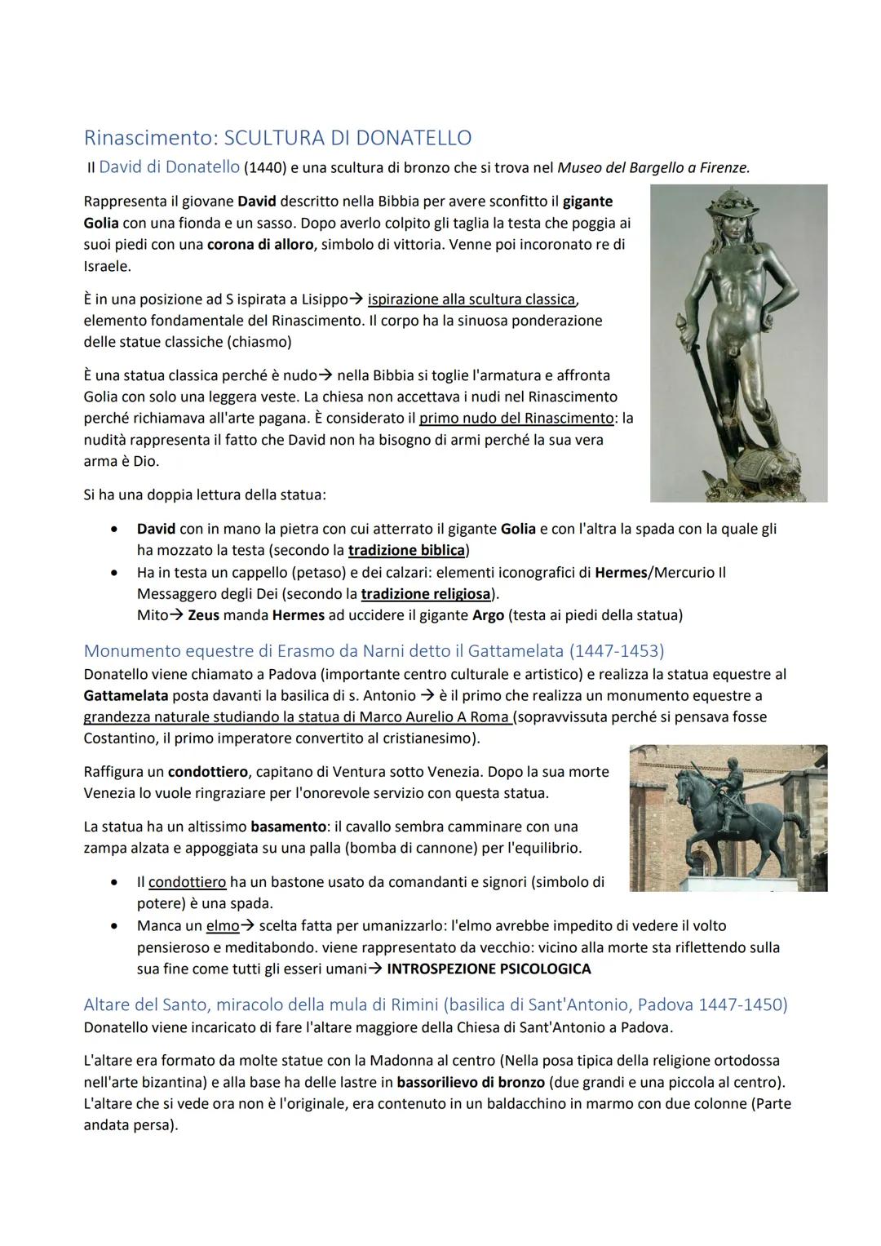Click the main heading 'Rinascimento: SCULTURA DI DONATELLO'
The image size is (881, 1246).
277,137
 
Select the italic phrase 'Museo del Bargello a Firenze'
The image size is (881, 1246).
653,168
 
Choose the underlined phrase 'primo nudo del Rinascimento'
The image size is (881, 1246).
516,419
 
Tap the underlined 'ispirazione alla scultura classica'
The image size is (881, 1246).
471,299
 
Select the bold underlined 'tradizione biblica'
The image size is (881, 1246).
406,550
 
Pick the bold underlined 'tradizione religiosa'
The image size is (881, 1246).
425,593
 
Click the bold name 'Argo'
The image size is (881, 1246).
488,614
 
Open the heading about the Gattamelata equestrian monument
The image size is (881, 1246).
374,651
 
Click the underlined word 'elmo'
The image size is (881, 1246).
222,926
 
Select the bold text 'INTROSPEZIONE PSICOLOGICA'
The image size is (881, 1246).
489,969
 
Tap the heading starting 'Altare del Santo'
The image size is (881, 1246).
436,1004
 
